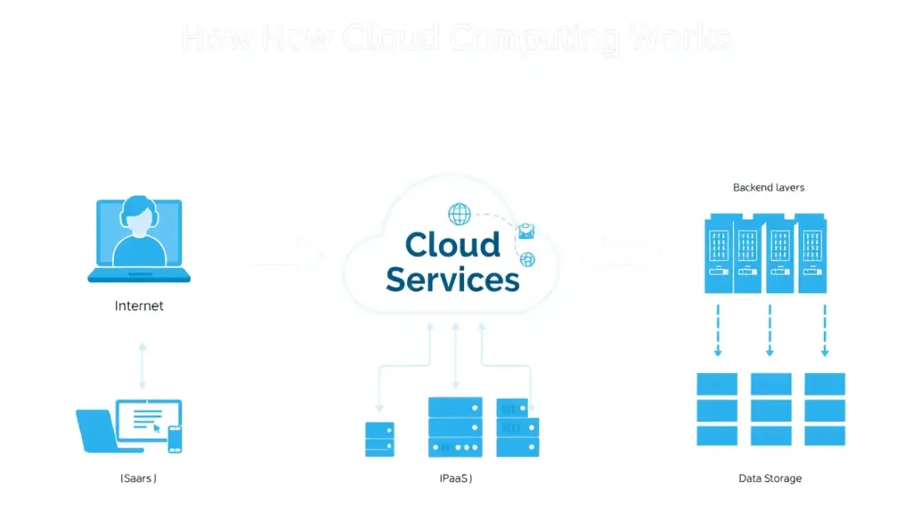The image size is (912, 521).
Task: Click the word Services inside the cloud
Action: tap(452, 279)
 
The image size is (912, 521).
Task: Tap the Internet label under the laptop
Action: tap(139, 305)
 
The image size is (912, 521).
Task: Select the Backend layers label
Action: tap(769, 188)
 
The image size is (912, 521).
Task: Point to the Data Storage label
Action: tap(770, 478)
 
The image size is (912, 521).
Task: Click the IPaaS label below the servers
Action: tap(456, 478)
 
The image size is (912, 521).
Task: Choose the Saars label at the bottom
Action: tap(138, 478)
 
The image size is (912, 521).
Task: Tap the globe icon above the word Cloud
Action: tap(460, 214)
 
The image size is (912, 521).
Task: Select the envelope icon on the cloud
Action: tap(525, 232)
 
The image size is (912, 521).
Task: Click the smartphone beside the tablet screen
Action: tap(175, 438)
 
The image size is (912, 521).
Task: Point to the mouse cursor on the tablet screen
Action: tap(157, 427)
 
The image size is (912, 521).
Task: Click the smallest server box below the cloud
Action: tap(379, 439)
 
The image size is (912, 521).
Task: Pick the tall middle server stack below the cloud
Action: tap(455, 427)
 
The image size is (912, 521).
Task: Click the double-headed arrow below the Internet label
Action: tap(141, 365)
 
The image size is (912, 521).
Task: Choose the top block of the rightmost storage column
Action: tap(825, 384)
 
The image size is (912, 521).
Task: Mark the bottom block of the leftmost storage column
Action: tap(717, 436)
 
